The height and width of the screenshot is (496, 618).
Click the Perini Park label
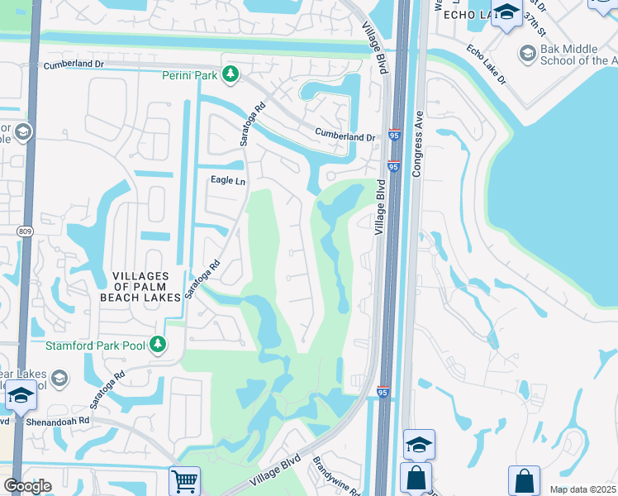pos(189,75)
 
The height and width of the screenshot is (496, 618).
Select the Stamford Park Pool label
pos(95,345)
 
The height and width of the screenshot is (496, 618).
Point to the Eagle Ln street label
pos(229,180)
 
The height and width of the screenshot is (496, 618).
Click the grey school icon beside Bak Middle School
pos(526,54)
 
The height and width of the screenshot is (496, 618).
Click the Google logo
pos(27,485)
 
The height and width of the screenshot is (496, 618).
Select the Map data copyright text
pos(582,489)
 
